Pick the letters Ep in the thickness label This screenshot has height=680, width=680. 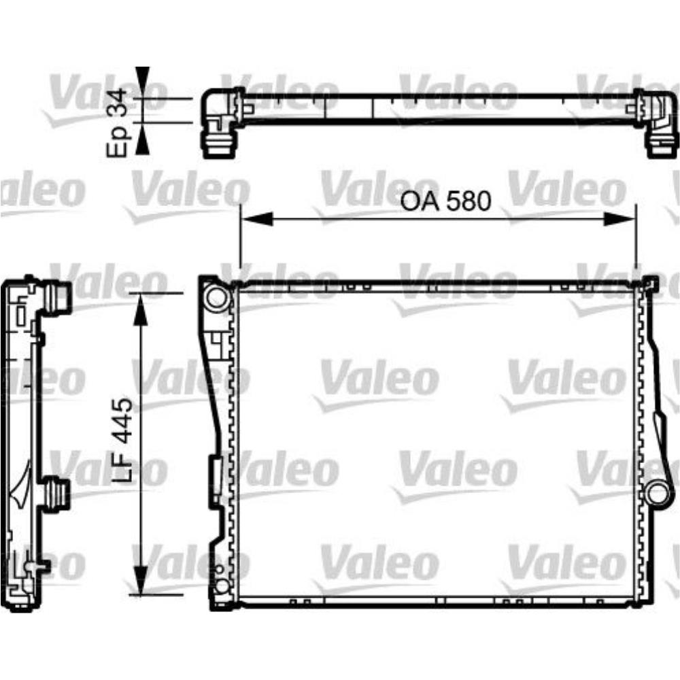[118, 143]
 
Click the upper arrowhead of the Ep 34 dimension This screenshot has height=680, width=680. [141, 82]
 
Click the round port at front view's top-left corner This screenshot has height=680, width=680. [216, 296]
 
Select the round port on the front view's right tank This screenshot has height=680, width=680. [658, 491]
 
